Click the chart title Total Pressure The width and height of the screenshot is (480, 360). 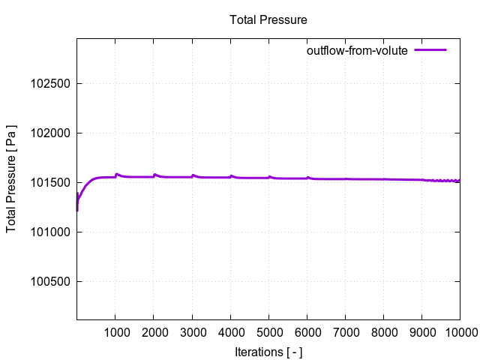coord(268,19)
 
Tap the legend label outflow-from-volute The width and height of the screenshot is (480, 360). coord(356,50)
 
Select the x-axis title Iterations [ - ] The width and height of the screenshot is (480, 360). coord(268,351)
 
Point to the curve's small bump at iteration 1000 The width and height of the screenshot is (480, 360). coord(116,174)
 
